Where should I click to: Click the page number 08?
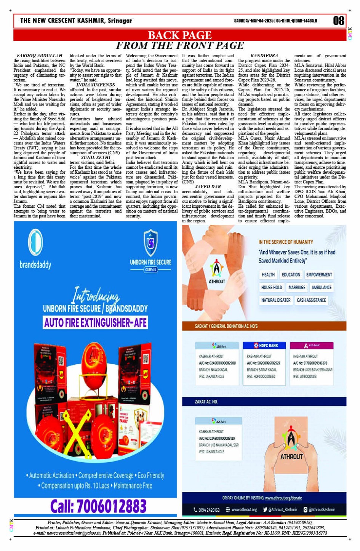tap(338, 21)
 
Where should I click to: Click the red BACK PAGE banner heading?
tap(179, 35)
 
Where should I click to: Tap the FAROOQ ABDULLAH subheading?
tap(40, 56)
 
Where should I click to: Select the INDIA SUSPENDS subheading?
tap(95, 85)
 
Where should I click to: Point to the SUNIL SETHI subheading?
tap(96, 157)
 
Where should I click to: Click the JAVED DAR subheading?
tap(208, 187)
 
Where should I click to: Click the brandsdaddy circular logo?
tap(35, 242)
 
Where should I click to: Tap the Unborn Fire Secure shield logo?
tap(150, 243)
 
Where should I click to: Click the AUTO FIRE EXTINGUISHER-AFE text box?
tap(95, 323)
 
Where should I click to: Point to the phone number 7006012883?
tap(98, 506)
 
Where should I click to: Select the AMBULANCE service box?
tap(321, 287)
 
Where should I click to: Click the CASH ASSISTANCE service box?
tap(311, 300)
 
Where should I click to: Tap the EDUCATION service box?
tap(291, 275)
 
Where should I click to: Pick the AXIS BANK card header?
tap(311, 346)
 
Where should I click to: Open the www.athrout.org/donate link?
tap(283, 498)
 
